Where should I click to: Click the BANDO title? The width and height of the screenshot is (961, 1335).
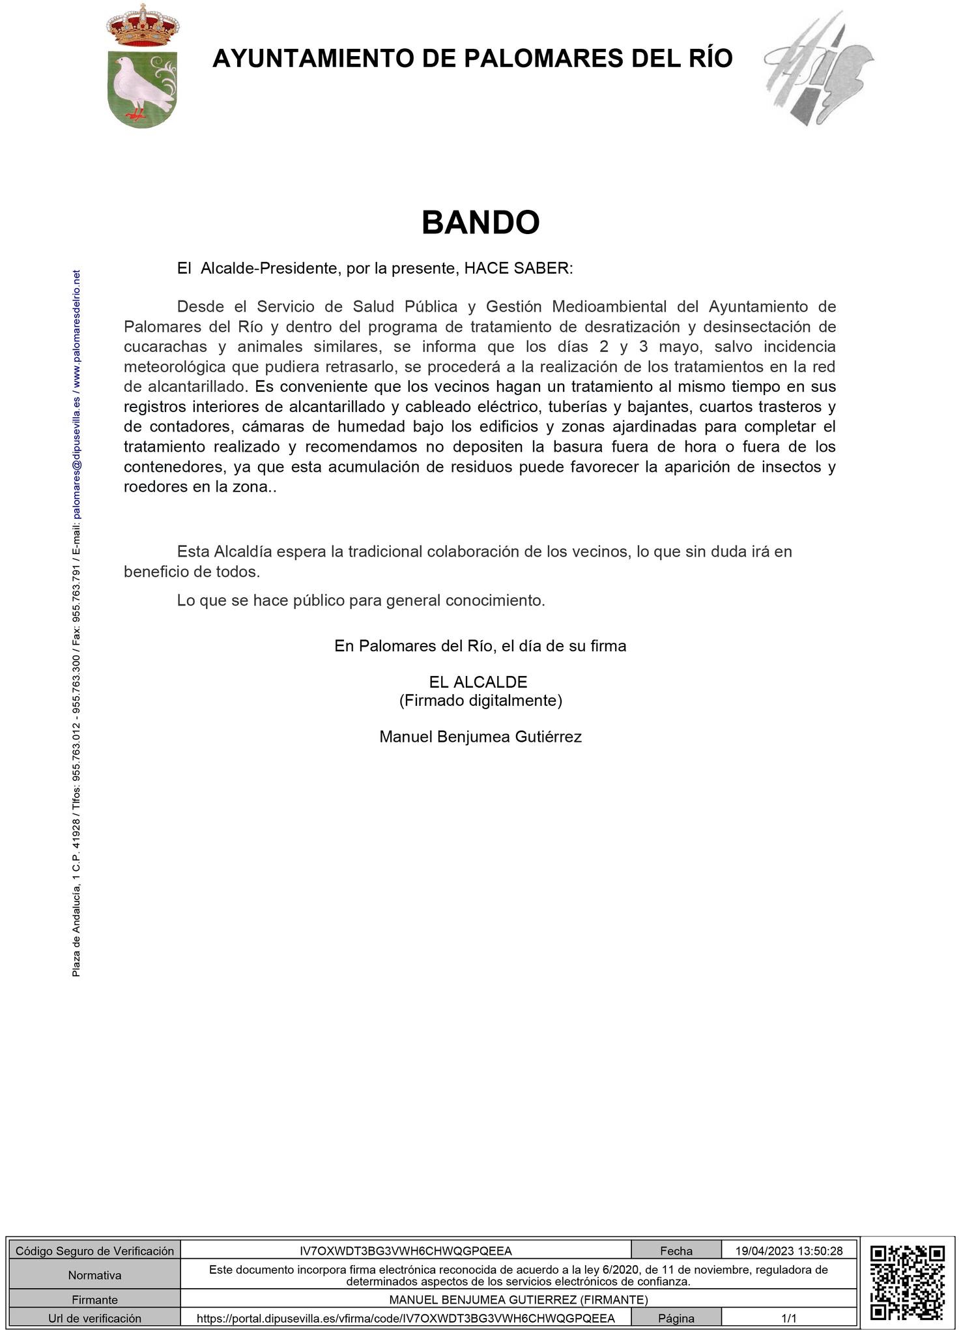tap(480, 223)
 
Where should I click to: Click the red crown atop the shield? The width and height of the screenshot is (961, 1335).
tap(142, 26)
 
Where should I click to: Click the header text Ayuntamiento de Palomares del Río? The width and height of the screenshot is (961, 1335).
tap(472, 59)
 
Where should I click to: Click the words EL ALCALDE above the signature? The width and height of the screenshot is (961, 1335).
tap(478, 682)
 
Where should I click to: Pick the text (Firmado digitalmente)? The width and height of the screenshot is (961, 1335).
tap(480, 701)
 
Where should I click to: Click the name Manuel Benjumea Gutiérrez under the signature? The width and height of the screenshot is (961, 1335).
tap(480, 737)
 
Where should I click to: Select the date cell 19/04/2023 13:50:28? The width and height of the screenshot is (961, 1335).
tap(789, 1251)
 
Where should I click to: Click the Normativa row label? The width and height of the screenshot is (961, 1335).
tap(94, 1275)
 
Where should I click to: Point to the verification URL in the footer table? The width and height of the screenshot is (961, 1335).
tap(405, 1318)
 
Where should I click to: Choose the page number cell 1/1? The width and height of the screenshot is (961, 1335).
tap(789, 1318)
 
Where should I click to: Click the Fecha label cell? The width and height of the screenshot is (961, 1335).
tap(676, 1251)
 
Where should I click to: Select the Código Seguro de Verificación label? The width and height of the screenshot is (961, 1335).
tap(94, 1251)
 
